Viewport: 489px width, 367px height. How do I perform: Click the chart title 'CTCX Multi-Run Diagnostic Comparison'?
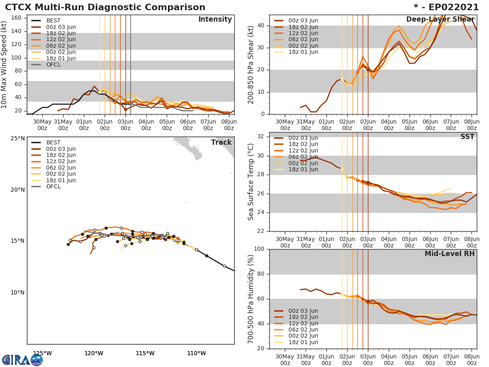click(x=105, y=7)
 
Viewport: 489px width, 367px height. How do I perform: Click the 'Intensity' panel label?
click(x=215, y=20)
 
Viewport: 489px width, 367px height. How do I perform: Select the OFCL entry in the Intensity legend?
click(x=53, y=64)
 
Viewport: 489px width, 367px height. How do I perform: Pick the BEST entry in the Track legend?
click(x=53, y=143)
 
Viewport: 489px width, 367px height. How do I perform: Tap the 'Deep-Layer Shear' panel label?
click(x=440, y=20)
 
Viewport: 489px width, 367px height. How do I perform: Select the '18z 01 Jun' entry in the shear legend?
click(x=303, y=52)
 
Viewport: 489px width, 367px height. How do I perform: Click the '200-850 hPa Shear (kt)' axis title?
click(x=251, y=64)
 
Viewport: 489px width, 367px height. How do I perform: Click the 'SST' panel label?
click(x=467, y=137)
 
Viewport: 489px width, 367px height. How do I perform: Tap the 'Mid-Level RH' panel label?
click(x=449, y=254)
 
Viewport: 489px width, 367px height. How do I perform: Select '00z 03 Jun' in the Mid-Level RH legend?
click(x=303, y=311)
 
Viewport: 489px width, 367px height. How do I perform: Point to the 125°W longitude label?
click(x=42, y=353)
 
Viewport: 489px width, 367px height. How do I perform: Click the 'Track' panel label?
click(x=221, y=142)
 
